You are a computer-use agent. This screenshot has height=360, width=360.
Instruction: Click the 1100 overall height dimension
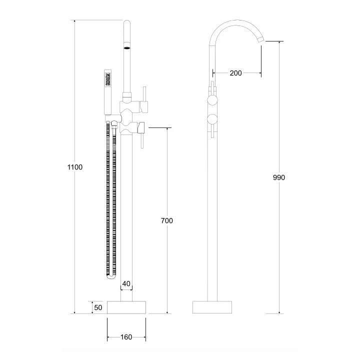[x=74, y=167]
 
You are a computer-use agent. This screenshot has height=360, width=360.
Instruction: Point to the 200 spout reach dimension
[x=235, y=73]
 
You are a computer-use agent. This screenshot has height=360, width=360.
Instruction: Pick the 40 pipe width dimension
[x=126, y=284]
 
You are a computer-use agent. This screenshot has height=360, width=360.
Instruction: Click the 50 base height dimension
[x=98, y=307]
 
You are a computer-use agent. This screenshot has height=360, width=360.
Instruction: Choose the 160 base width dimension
[x=126, y=337]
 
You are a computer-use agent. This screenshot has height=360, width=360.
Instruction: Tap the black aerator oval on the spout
[x=126, y=48]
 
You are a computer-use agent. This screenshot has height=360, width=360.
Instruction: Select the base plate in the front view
[x=126, y=307]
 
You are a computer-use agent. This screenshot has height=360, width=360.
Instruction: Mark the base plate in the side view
[x=213, y=307]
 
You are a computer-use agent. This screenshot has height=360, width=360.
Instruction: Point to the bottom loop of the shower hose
[x=112, y=275]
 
